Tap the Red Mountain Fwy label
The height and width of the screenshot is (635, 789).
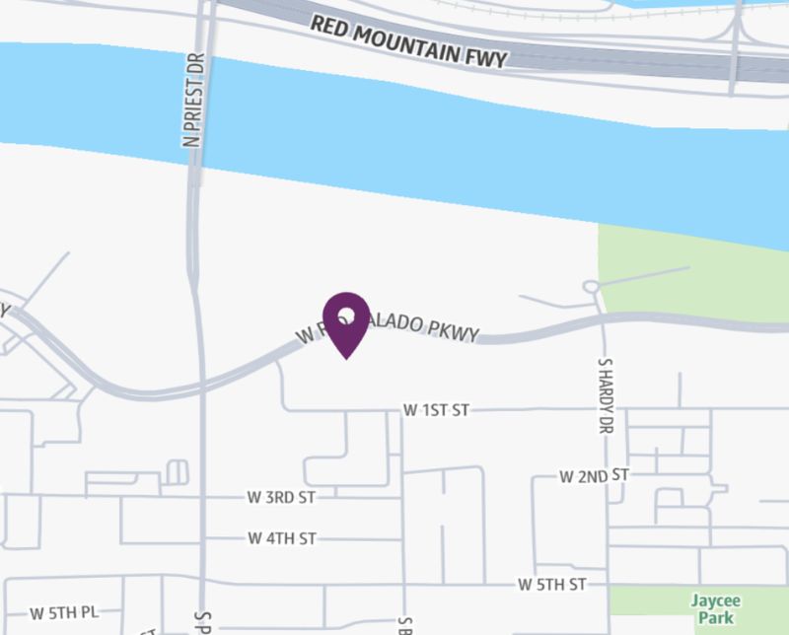(408, 40)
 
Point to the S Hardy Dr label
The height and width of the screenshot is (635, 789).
(605, 396)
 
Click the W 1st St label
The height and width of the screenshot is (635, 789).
(435, 410)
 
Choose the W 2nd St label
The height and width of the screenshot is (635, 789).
(594, 476)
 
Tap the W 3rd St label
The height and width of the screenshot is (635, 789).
(281, 498)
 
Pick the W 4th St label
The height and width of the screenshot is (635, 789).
(282, 538)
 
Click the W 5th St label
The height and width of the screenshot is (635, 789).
(552, 585)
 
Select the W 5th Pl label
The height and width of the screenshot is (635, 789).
(64, 612)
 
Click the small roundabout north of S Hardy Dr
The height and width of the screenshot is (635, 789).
(592, 287)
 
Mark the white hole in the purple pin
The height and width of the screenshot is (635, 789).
(346, 315)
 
